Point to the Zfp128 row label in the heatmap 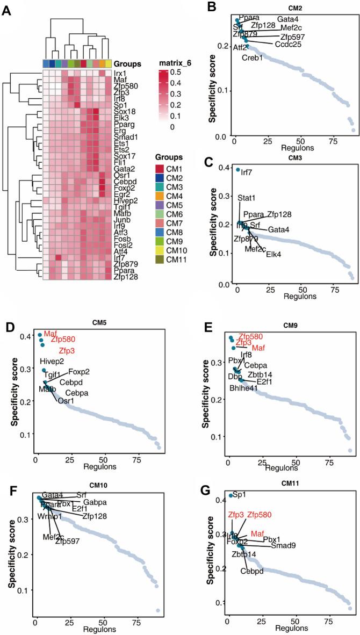[x=125, y=276]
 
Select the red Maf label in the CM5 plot [x=50, y=334]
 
